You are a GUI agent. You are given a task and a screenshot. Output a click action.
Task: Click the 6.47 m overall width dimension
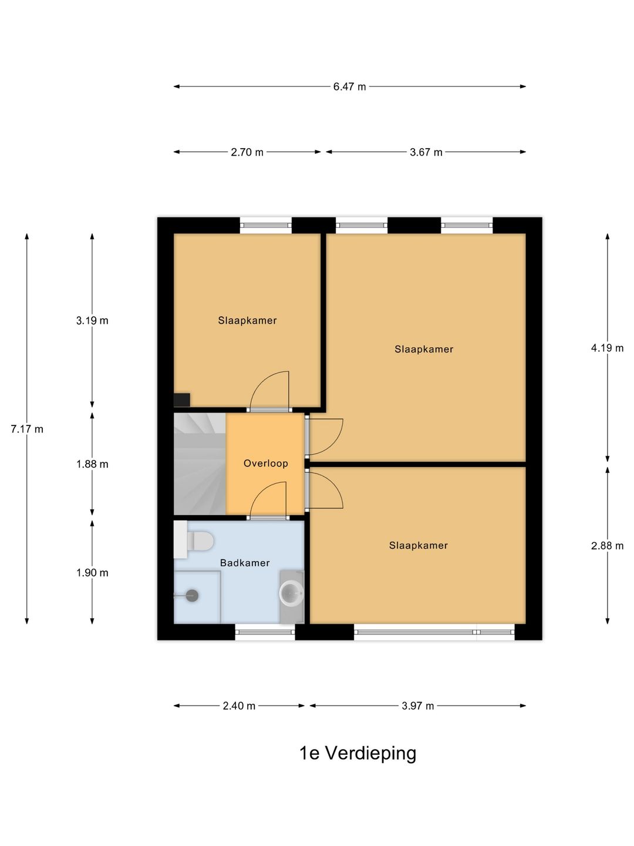coord(349,87)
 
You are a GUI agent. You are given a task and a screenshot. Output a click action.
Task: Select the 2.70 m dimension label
coord(247,152)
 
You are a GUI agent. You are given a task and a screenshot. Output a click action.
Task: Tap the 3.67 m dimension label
coord(426,152)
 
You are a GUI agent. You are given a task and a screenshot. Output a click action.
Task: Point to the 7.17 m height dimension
coord(27,429)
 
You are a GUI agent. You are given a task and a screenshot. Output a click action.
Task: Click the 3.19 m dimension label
coord(92,321)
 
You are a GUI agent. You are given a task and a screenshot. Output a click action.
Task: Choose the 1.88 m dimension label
coord(92,464)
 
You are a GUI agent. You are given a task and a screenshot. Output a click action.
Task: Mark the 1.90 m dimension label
coord(92,573)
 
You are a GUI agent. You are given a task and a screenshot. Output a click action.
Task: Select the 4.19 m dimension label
coord(607,348)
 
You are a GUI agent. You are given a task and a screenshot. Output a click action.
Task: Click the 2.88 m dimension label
coord(607,546)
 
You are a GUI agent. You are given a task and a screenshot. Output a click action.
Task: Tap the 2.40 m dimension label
coord(239,706)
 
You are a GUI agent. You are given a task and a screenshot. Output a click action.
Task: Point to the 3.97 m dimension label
coord(417,706)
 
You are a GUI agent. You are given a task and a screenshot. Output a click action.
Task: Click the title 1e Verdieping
coord(358,753)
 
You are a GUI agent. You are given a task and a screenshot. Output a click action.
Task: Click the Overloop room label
coord(265,464)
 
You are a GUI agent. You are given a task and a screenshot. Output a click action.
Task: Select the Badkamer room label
coord(245,563)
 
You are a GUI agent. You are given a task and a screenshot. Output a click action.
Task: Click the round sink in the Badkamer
coord(291,593)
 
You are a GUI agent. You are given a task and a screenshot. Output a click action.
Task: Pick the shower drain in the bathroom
coord(191,596)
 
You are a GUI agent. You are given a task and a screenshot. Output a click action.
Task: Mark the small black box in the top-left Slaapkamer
coord(182,400)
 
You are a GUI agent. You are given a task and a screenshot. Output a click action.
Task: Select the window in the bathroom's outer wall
coord(265,632)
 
